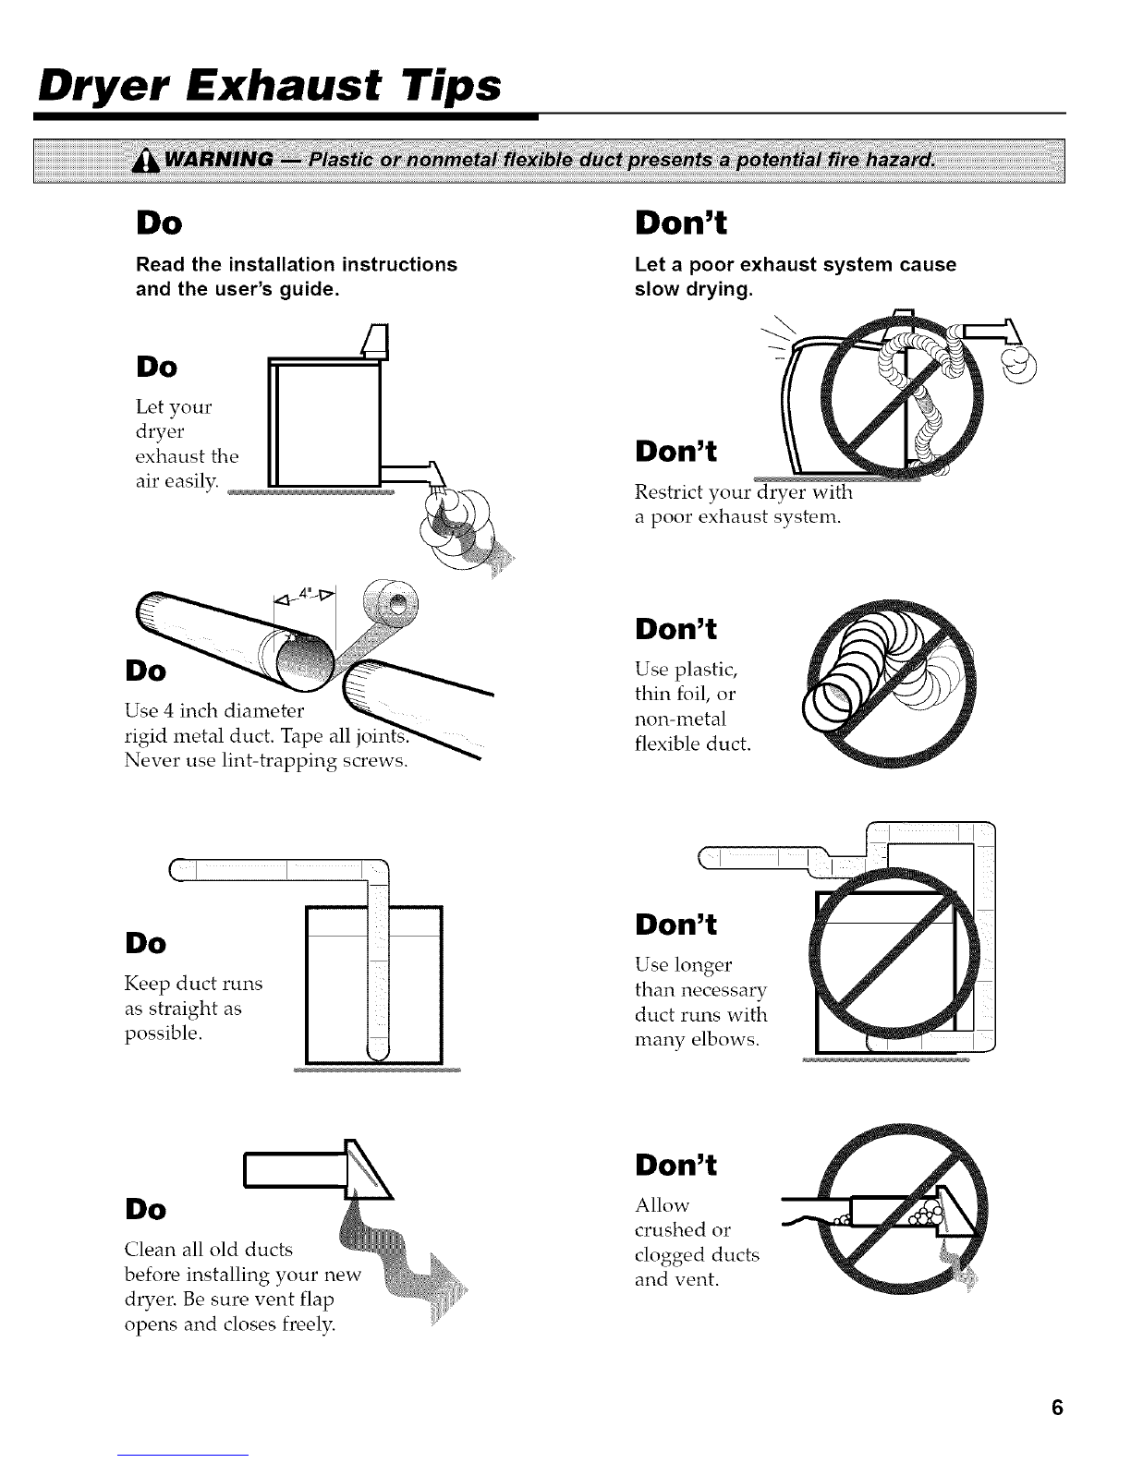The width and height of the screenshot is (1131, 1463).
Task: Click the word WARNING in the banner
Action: pos(219,160)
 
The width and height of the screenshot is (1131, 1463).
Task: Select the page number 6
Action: pos(1057,1408)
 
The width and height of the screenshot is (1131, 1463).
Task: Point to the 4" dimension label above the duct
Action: pos(306,593)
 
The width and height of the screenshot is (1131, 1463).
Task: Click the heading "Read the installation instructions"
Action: pos(297,264)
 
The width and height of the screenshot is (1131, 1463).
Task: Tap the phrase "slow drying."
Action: pos(693,290)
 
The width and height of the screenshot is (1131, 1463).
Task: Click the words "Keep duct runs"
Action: pos(193,984)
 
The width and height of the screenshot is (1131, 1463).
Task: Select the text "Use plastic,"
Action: pos(687,670)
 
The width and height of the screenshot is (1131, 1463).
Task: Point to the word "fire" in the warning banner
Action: pos(859,160)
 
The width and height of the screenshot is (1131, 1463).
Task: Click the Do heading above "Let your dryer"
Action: pos(156,368)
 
